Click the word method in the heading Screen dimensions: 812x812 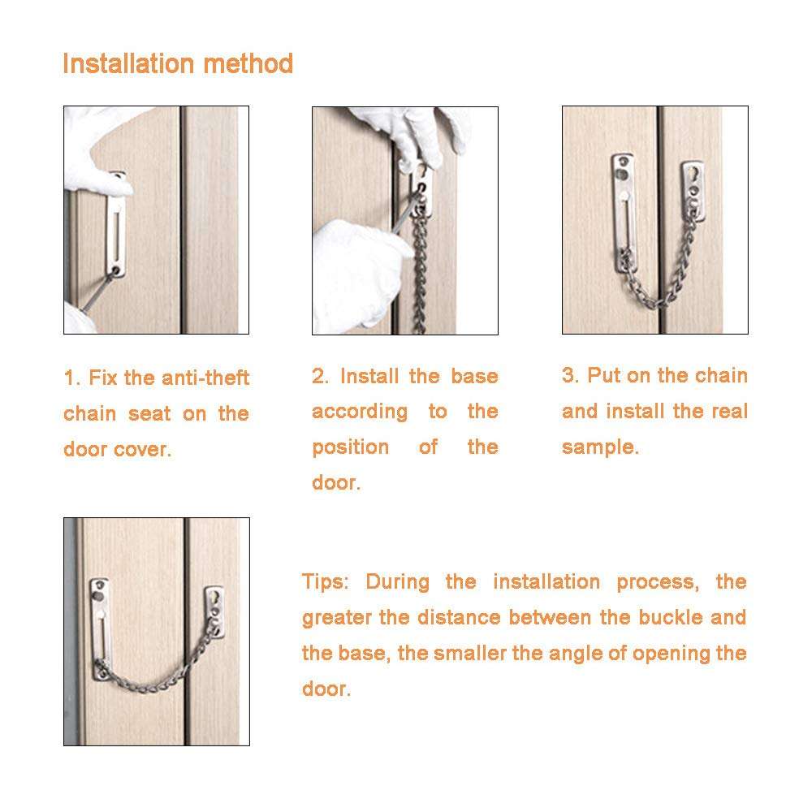[256, 63]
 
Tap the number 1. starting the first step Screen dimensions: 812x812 [72, 378]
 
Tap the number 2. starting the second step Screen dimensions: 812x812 [321, 377]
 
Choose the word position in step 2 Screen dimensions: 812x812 [350, 447]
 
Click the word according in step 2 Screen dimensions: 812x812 [360, 412]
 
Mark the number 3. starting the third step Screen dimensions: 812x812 [571, 376]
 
